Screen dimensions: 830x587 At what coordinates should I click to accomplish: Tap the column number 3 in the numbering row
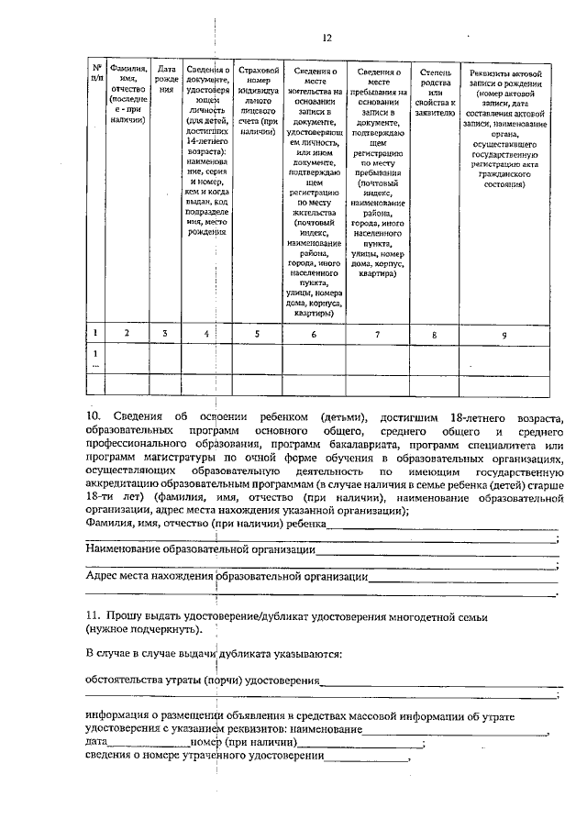[165, 334]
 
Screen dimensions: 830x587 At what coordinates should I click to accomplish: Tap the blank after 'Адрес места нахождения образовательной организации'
[462, 579]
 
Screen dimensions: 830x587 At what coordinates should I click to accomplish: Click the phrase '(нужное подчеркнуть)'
[145, 632]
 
